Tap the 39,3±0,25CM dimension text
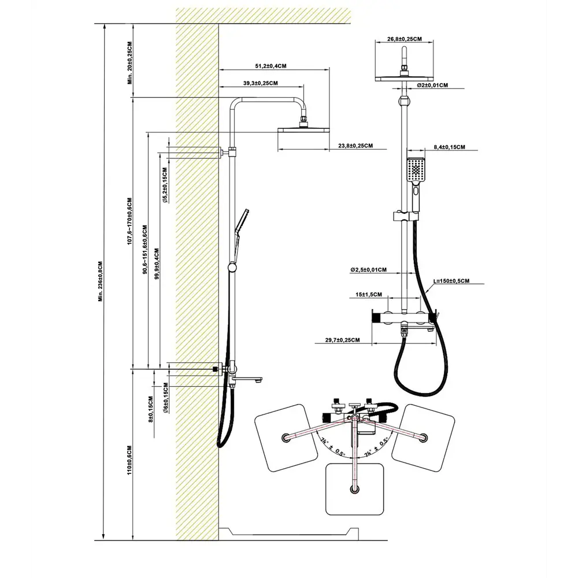tap(260, 84)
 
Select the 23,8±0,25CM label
tap(355, 146)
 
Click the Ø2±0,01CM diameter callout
tap(432, 86)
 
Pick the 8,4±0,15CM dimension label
tap(449, 147)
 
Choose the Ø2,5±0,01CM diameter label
tap(368, 270)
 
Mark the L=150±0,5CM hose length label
tap(451, 281)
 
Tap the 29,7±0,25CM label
tap(339, 340)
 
